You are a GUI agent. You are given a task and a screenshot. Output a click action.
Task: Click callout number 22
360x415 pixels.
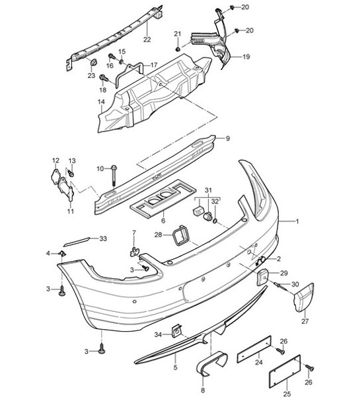[146, 40]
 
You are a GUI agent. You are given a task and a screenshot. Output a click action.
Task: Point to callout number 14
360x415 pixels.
[101, 101]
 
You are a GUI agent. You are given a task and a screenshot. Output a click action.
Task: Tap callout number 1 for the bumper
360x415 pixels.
[297, 222]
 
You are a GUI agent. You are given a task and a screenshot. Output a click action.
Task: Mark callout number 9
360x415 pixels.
[227, 139]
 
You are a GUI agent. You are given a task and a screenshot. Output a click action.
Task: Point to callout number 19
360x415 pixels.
[246, 57]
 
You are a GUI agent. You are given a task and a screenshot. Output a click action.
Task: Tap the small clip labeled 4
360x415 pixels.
[63, 253]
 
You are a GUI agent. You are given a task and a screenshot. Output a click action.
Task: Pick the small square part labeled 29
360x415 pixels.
[261, 276]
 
